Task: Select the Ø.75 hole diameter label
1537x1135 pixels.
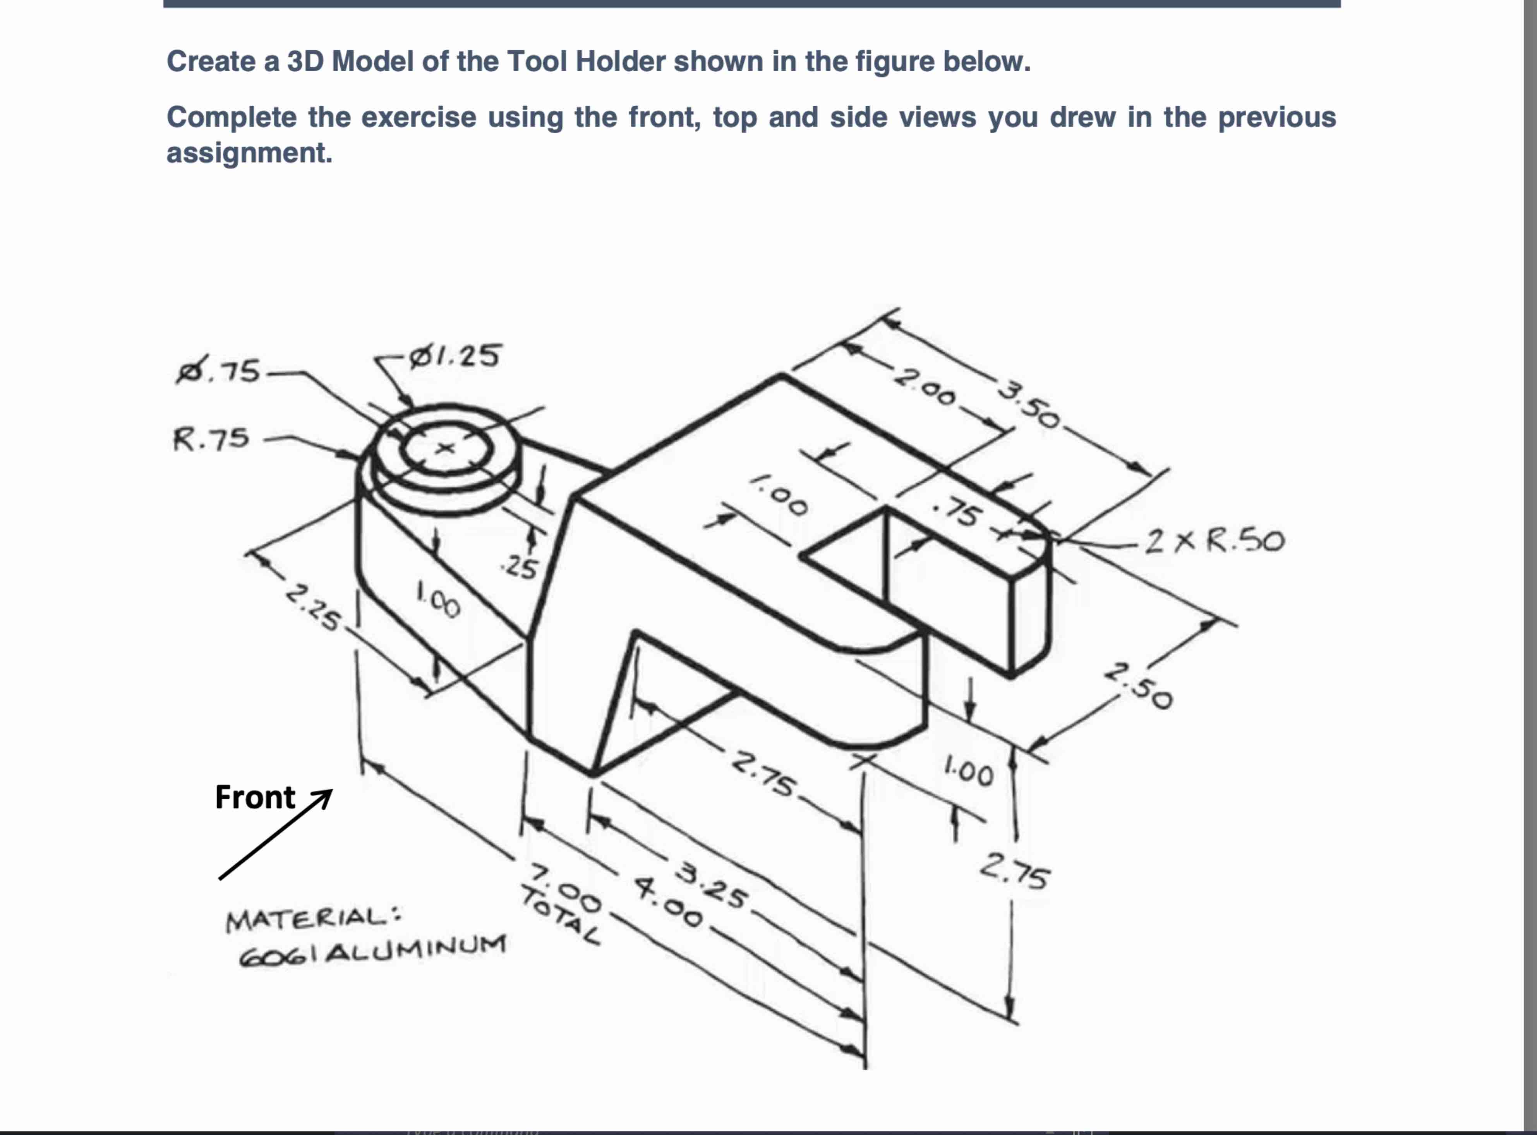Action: pyautogui.click(x=218, y=372)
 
